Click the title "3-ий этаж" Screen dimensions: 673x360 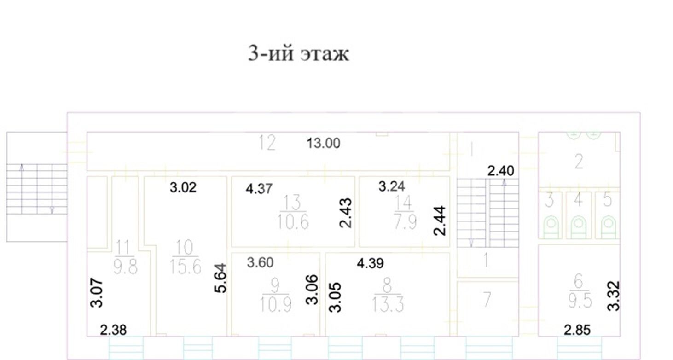298,54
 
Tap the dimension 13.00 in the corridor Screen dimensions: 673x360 323,143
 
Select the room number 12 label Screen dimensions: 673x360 267,143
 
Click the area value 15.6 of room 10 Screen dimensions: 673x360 185,266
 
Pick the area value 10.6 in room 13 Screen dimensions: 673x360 293,222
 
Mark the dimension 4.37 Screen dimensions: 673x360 259,189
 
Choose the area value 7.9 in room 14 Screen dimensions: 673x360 405,222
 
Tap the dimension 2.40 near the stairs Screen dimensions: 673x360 500,171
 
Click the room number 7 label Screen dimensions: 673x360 487,299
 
